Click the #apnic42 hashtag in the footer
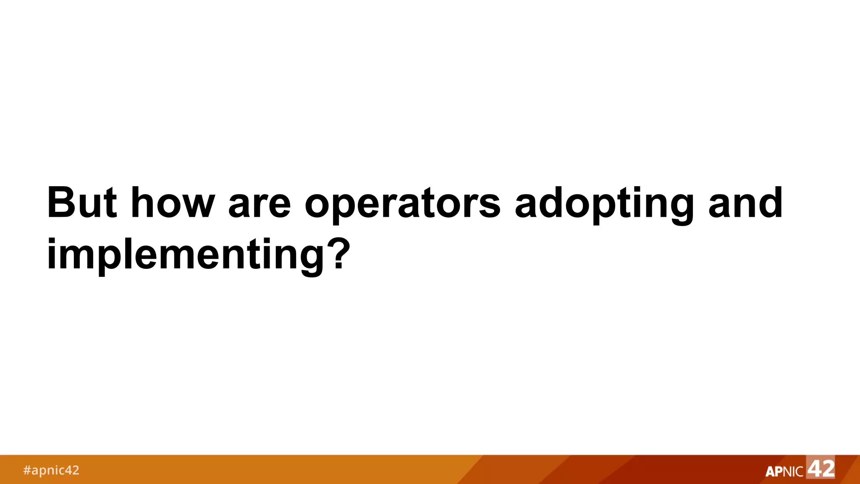click(x=51, y=470)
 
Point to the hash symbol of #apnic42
click(x=27, y=470)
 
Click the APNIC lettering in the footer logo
click(x=784, y=471)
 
